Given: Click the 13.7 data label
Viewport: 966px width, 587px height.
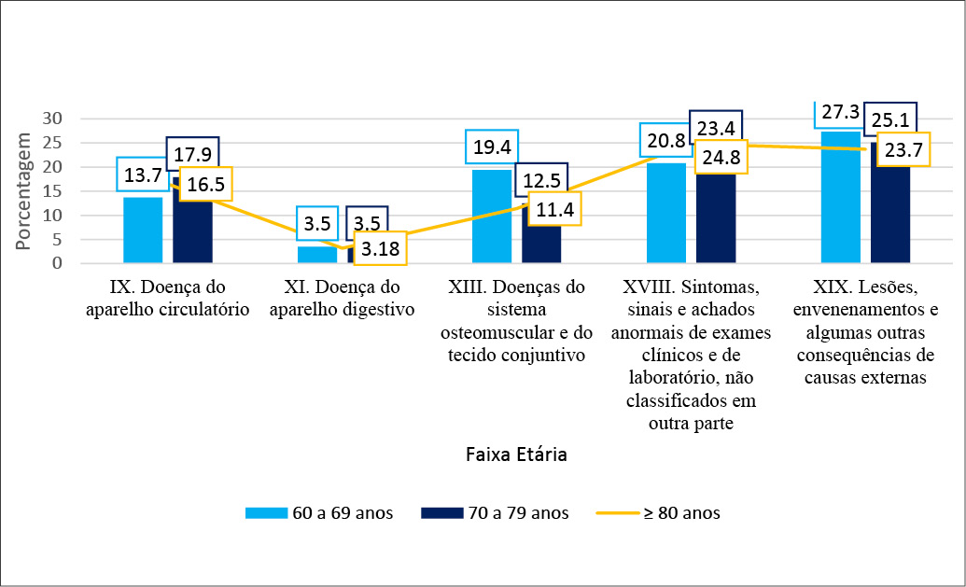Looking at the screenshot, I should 143,174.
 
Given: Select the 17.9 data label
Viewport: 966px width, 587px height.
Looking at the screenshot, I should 192,152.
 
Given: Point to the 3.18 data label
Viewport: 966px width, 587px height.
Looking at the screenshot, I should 381,249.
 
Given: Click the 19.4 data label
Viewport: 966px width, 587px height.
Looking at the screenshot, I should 492,147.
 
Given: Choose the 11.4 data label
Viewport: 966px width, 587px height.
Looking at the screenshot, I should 555,207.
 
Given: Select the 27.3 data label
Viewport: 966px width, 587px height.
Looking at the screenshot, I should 840,113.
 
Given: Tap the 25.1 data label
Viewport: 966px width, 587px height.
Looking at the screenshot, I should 889,119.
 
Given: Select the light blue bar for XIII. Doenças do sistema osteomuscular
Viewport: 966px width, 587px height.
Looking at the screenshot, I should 492,217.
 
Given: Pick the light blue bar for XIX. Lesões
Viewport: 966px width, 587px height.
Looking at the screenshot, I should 840,198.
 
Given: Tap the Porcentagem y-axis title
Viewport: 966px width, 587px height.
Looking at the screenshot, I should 23,192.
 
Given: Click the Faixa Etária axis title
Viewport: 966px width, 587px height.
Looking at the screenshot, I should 516,455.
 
